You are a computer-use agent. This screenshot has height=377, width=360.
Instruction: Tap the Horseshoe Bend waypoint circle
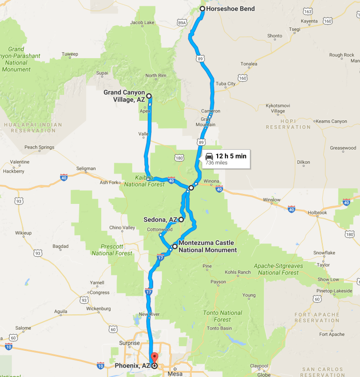pos(202,9)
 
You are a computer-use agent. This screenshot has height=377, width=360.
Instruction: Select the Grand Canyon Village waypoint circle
pos(149,96)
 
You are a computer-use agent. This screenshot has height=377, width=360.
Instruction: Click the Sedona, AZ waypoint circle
pos(181,220)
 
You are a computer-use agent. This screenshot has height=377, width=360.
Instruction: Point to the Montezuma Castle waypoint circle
pos(175,246)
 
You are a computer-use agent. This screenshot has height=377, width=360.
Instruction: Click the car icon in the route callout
pos(209,156)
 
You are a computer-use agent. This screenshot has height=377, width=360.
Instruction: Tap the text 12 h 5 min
pos(231,156)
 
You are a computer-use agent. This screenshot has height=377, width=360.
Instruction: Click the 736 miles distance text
pos(216,163)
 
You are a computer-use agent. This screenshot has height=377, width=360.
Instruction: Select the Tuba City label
pos(225,84)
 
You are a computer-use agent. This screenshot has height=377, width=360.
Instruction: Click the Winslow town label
pos(271,200)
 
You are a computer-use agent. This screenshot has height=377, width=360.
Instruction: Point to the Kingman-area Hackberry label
pos(13,172)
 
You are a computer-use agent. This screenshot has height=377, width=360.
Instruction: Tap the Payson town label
pos(218,282)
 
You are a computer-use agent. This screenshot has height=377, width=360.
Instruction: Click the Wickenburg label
pos(98,309)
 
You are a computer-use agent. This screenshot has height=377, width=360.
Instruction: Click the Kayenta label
pos(309,22)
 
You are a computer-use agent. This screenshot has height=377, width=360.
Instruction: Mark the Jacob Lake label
pos(142,22)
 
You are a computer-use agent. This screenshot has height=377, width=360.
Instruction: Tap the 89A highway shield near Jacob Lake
pos(182,22)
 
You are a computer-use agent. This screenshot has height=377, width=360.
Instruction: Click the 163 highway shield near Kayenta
pos(308,11)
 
